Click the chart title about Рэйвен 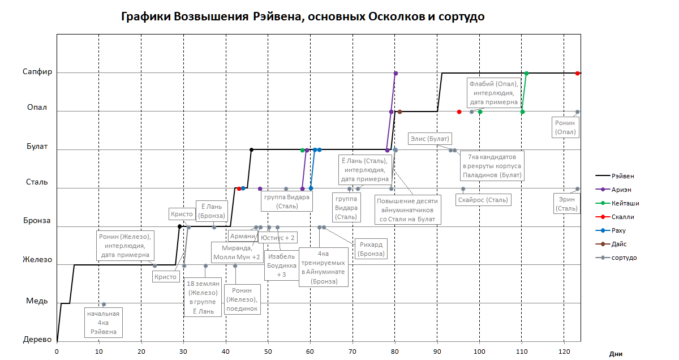pyautogui.click(x=303, y=16)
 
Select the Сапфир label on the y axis pyautogui.click(x=37, y=72)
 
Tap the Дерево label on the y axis pyautogui.click(x=37, y=339)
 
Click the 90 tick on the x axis pyautogui.click(x=437, y=352)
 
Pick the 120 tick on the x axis pyautogui.click(x=564, y=352)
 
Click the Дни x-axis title pyautogui.click(x=616, y=354)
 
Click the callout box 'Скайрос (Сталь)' pyautogui.click(x=483, y=199)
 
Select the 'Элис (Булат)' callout pyautogui.click(x=429, y=139)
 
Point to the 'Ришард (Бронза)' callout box pyautogui.click(x=371, y=249)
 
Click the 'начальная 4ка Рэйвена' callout pyautogui.click(x=104, y=322)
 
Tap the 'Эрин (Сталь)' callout pyautogui.click(x=566, y=204)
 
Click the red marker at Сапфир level pyautogui.click(x=577, y=74)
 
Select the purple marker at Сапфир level pyautogui.click(x=396, y=74)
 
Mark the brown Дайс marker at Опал pyautogui.click(x=399, y=112)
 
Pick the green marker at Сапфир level pyautogui.click(x=526, y=74)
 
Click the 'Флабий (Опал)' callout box pyautogui.click(x=493, y=93)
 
